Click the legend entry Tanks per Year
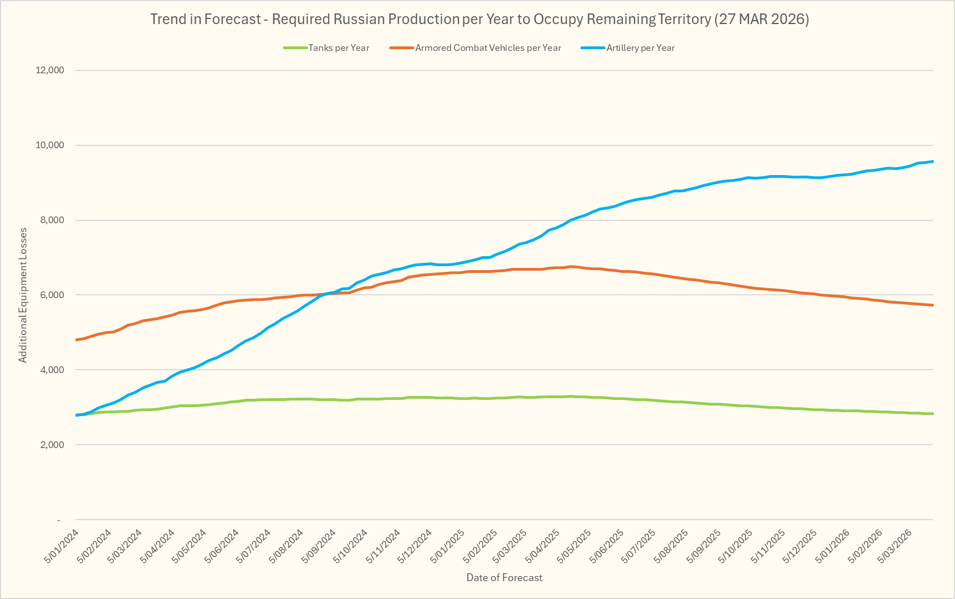pos(338,48)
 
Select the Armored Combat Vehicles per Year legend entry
pos(488,48)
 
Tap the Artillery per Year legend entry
pos(640,48)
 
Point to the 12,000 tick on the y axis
pos(50,70)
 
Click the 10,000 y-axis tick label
pos(50,145)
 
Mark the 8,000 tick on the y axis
pos(53,220)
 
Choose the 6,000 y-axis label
pos(53,295)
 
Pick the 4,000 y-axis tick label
pos(53,370)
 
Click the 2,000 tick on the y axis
pos(53,445)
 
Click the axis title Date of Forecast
pos(504,578)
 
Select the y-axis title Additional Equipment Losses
pos(23,295)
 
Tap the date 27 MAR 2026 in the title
pos(762,20)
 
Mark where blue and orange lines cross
pos(330,294)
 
